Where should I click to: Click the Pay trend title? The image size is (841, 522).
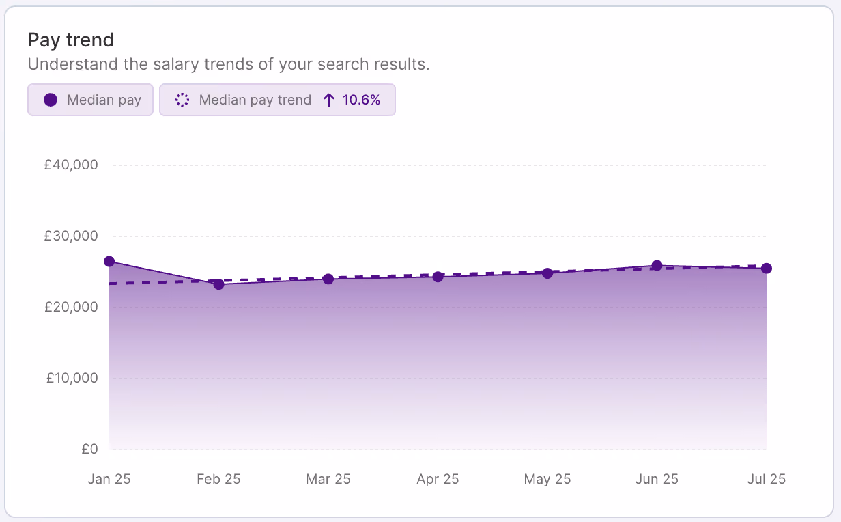coord(70,40)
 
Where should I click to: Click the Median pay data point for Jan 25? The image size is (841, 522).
coord(109,262)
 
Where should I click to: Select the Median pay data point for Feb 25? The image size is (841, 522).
coord(219,284)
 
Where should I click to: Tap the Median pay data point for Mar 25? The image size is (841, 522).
coord(328,279)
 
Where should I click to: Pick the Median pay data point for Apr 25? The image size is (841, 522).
coord(438,277)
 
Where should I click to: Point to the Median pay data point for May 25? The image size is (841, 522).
coord(547,273)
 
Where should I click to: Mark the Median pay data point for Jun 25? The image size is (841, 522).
coord(657,266)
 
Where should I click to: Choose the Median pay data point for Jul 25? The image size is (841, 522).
coord(767,269)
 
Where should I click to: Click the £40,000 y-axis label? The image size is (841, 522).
coord(71,165)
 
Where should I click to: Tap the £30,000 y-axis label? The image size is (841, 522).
coord(71,236)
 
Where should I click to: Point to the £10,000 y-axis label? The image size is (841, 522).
coord(72,378)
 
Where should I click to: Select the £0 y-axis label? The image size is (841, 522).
coord(89,449)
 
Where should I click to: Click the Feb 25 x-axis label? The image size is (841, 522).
coord(218,479)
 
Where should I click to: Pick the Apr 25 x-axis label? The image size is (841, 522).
coord(438,479)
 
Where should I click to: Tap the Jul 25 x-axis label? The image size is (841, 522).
coord(767,479)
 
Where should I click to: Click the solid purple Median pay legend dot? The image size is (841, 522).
coord(51,100)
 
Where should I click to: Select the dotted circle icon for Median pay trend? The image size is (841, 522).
coord(182,100)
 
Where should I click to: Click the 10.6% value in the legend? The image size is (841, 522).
coord(361,100)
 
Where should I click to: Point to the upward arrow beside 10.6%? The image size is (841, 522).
coord(329,100)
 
